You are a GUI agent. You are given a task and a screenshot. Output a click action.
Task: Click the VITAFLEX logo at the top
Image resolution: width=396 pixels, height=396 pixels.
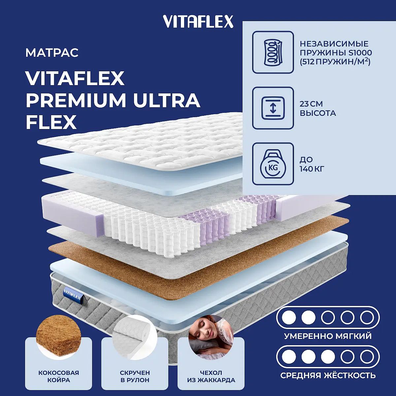coord(198,22)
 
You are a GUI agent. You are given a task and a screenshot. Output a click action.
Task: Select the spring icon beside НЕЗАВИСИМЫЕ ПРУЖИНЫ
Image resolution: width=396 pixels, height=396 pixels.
coord(273,52)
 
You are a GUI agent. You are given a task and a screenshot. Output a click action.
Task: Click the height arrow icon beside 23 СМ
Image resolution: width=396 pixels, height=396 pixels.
coord(273,108)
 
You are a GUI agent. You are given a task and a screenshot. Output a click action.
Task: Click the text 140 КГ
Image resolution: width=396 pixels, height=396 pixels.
coord(312,169)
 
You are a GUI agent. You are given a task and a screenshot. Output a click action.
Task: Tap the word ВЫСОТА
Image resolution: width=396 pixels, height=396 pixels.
coord(318,113)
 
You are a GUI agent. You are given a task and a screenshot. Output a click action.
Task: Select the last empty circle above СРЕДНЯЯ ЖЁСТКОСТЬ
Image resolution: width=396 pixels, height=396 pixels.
coord(367,357)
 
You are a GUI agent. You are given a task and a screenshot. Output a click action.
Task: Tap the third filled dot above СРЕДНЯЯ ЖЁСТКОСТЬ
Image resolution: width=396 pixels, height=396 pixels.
coord(328,357)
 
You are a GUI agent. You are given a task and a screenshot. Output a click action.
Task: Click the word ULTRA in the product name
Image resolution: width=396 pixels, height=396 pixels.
coord(167,101)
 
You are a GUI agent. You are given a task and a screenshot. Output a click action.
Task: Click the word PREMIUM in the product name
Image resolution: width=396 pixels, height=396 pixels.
coord(76,101)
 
